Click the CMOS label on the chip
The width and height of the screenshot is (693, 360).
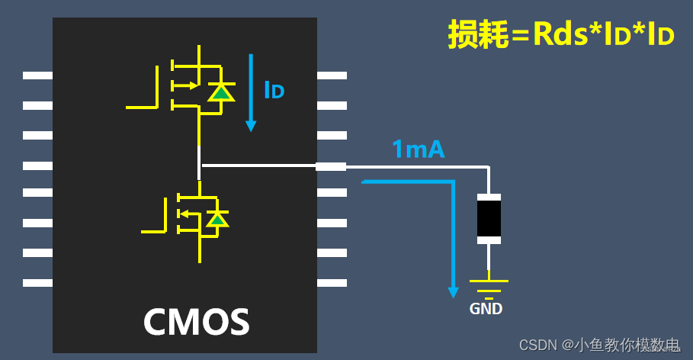click(196, 322)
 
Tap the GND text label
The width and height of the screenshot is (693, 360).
click(486, 309)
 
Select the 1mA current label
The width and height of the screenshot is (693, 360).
click(418, 149)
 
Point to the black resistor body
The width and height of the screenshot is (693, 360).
click(489, 219)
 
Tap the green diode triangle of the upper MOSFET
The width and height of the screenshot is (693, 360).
click(221, 92)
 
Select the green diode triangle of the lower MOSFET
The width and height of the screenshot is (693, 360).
click(218, 220)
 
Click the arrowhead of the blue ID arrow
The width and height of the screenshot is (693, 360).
click(251, 126)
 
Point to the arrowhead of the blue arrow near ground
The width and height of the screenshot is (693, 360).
click(454, 291)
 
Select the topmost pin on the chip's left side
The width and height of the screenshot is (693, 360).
click(37, 76)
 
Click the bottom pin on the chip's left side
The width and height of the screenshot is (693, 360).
click(37, 283)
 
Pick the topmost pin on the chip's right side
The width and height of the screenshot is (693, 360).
click(332, 76)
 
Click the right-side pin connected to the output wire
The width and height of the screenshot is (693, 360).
click(332, 166)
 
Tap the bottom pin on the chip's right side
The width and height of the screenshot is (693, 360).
click(332, 283)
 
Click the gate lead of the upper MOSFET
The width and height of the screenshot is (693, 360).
click(142, 107)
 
